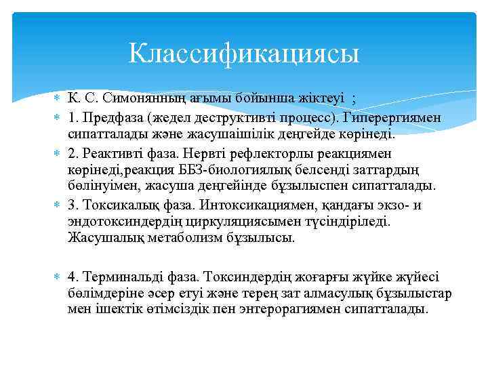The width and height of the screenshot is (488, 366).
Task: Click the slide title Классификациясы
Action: [x=244, y=52]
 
